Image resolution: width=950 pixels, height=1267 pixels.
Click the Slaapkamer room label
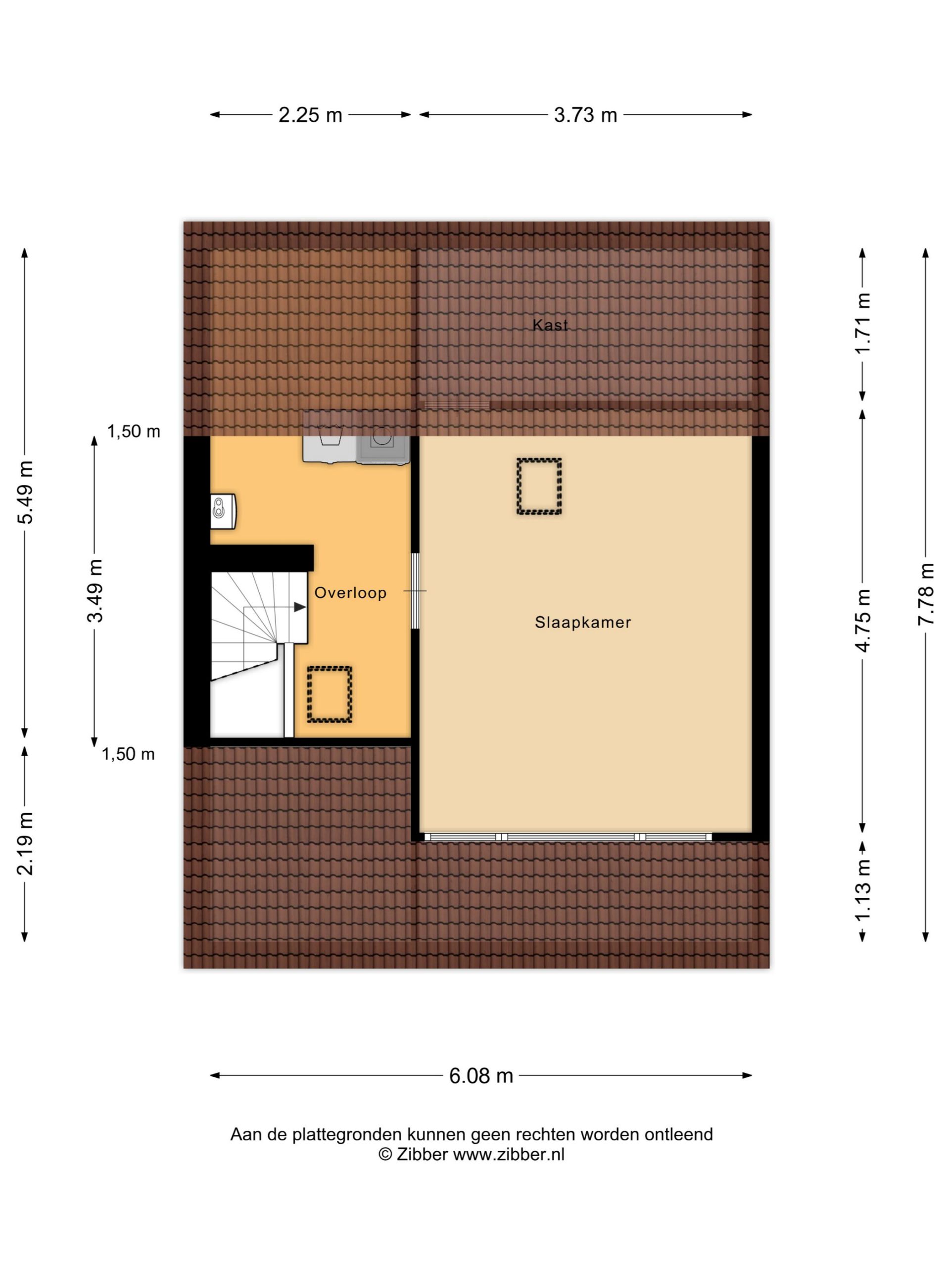(582, 622)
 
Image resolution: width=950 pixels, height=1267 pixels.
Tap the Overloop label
(350, 593)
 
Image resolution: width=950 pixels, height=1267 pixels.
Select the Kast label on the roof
(550, 325)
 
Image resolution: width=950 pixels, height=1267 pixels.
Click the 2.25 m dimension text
(310, 115)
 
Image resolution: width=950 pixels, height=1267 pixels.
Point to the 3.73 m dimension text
(585, 115)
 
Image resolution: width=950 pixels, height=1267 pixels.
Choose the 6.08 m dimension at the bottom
(480, 1076)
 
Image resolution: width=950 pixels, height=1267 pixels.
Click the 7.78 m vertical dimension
(926, 594)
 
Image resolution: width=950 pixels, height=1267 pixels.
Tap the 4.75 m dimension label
(862, 620)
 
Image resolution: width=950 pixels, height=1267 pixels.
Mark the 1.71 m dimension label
(862, 324)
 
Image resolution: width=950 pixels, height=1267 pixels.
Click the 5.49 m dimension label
(25, 492)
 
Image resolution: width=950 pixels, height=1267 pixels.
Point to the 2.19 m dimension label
(25, 844)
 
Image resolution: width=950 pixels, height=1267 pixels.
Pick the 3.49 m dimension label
(95, 590)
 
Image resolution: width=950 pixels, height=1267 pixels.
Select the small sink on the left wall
(223, 511)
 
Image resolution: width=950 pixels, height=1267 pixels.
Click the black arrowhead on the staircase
(299, 607)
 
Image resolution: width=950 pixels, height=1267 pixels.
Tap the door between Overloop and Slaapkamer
(415, 590)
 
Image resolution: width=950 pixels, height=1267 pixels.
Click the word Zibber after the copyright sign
(422, 1171)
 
